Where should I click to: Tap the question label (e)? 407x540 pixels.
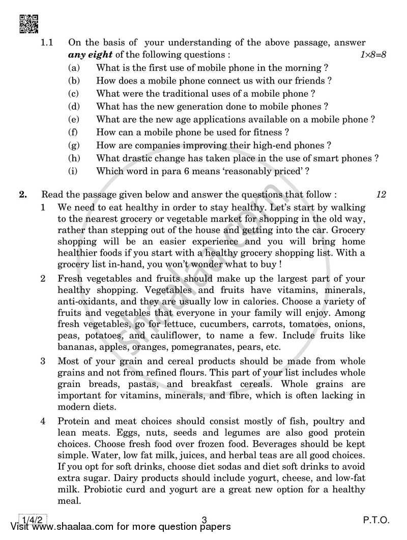(x=73, y=120)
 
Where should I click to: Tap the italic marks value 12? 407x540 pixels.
(x=380, y=194)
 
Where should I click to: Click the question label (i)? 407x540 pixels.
(x=73, y=172)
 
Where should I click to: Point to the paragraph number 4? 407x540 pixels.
(x=45, y=421)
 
